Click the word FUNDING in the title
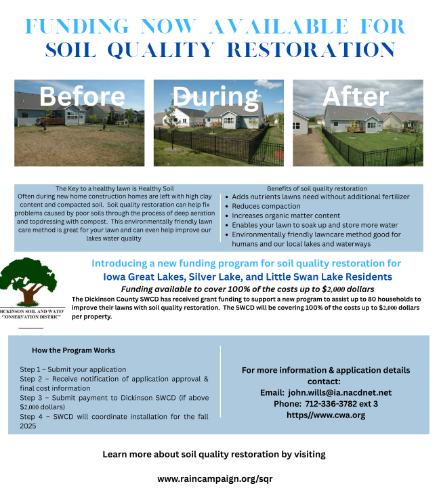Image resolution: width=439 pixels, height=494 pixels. point(77,26)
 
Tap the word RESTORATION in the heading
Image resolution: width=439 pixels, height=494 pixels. point(311,49)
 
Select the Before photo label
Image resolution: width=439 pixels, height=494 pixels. point(82,96)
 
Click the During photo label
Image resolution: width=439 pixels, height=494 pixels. point(215,97)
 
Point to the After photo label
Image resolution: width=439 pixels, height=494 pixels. point(356,96)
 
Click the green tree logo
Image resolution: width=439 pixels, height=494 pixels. point(28,282)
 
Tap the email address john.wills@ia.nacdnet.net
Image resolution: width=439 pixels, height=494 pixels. point(340,392)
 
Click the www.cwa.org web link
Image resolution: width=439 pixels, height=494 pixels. point(326,415)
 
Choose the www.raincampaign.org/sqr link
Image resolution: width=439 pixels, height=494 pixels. point(215,479)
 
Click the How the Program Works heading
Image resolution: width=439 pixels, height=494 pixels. point(73,350)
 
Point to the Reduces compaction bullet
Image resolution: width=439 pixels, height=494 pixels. point(266,207)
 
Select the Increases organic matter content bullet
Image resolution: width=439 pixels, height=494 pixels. point(286,215)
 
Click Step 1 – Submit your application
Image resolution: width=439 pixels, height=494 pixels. point(73,369)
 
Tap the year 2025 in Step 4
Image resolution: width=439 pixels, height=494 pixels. point(28,426)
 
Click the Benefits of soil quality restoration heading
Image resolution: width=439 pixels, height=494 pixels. point(317,188)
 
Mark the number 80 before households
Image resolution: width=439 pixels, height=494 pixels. point(372,299)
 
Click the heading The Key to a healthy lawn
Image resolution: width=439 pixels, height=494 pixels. point(114,188)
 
